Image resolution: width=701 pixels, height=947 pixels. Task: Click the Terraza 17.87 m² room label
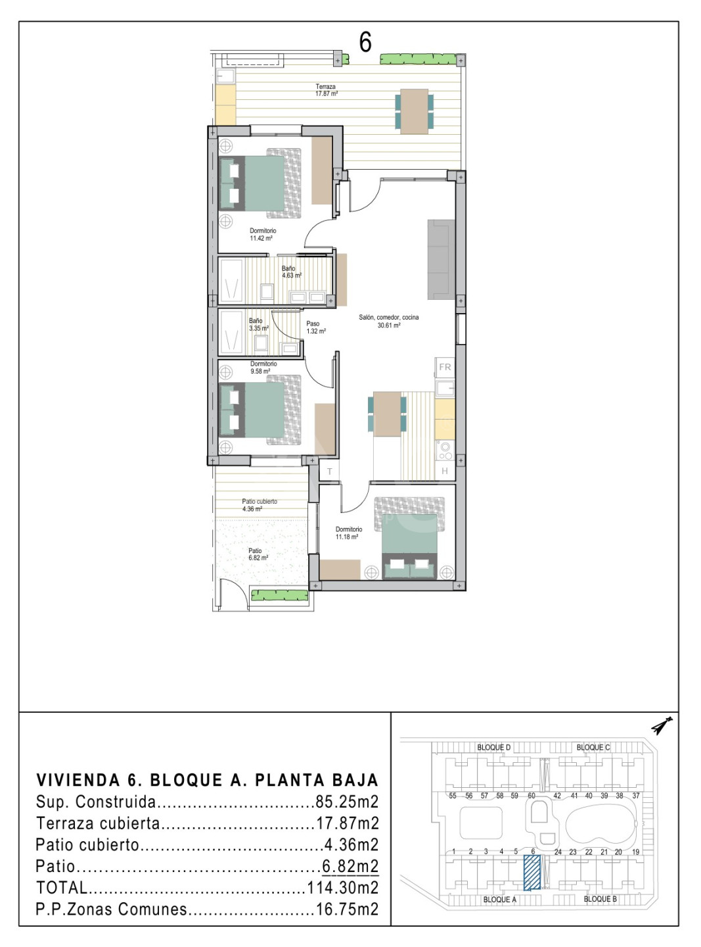327,90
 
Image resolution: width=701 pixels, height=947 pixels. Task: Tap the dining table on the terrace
414,111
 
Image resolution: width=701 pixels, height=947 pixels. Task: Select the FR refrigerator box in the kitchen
445,367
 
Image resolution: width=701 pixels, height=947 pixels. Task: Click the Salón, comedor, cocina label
389,321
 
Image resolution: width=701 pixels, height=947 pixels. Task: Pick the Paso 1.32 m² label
316,328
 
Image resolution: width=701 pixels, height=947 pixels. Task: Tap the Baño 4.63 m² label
292,272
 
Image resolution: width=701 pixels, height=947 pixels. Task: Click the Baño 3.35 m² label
259,324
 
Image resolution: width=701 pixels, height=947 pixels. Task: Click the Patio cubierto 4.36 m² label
260,505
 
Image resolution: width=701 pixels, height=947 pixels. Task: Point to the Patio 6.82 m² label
258,554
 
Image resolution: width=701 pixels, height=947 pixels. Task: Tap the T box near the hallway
330,472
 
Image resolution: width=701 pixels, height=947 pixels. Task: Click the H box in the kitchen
445,471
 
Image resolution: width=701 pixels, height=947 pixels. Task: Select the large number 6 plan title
365,42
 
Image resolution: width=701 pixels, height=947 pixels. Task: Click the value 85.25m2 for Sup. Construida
347,802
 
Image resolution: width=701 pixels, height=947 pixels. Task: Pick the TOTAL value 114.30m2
343,888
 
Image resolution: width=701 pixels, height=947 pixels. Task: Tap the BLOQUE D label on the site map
493,747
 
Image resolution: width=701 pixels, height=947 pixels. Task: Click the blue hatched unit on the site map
532,873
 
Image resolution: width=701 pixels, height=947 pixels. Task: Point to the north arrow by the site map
662,725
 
